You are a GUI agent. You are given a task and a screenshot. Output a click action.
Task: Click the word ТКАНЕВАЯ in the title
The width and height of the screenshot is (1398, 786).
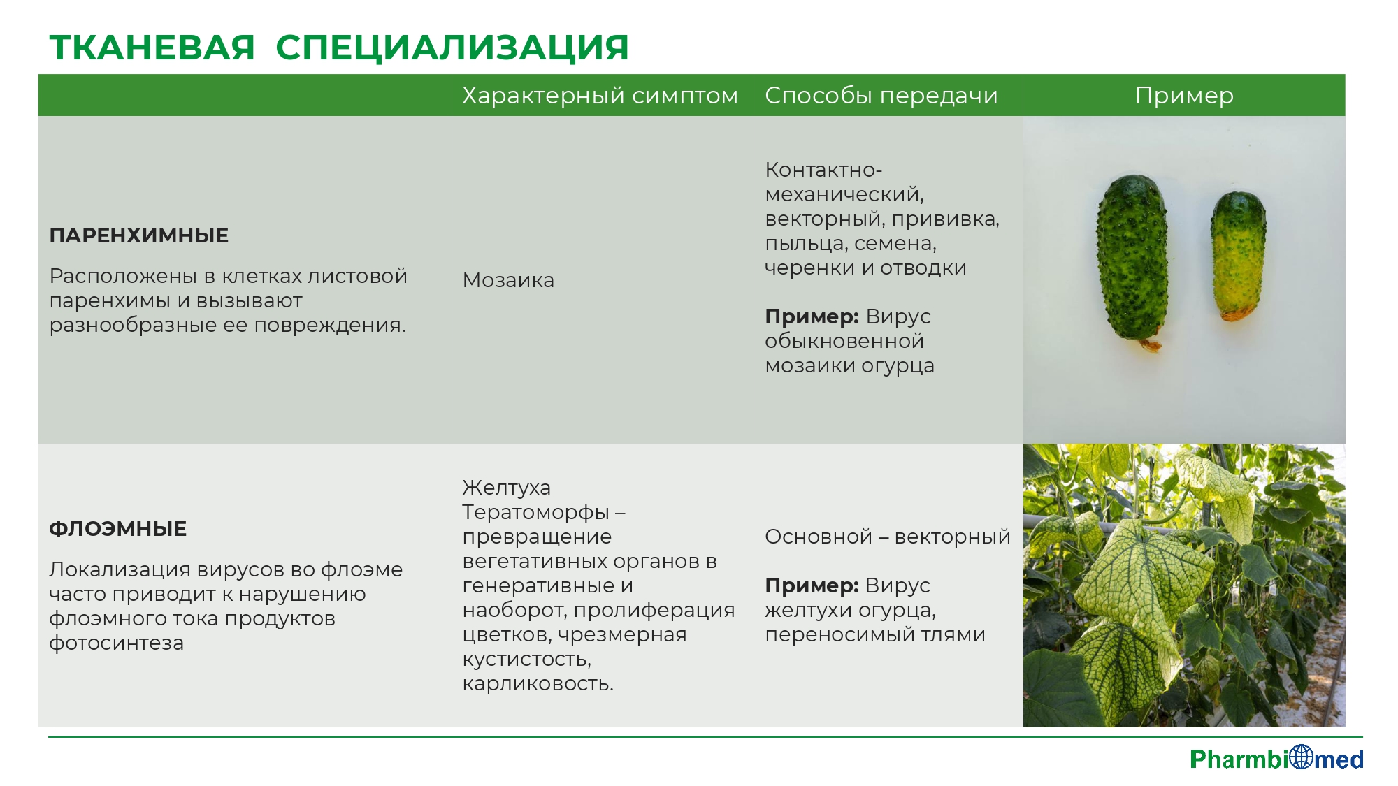click(x=152, y=48)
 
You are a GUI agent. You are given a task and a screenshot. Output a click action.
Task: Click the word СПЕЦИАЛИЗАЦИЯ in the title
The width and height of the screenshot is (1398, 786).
click(x=452, y=48)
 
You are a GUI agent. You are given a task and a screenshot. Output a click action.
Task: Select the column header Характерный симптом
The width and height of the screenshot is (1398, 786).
click(x=600, y=96)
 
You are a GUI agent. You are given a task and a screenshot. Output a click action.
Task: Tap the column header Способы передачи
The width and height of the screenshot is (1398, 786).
click(x=881, y=96)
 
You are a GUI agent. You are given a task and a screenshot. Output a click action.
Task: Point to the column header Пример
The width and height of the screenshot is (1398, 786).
click(x=1184, y=96)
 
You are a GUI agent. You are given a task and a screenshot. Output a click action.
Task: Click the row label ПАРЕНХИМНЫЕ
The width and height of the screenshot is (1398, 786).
click(x=139, y=235)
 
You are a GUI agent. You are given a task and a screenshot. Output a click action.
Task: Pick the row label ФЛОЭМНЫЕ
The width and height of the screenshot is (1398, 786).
click(x=118, y=529)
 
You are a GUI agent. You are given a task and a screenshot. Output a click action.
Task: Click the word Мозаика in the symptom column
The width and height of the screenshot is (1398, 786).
click(x=508, y=280)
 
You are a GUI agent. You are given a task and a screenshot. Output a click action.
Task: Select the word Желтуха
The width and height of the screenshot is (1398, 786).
click(x=507, y=488)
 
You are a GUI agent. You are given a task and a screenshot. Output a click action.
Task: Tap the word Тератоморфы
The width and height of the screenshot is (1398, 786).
click(x=536, y=512)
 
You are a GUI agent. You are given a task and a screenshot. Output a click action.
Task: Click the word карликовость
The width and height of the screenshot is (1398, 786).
click(x=538, y=683)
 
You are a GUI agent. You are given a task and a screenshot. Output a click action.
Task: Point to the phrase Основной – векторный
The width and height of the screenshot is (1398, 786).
click(x=888, y=537)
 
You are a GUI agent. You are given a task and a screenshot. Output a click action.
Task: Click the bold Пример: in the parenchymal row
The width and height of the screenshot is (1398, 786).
click(x=812, y=316)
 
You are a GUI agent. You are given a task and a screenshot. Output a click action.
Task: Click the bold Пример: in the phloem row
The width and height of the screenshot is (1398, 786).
click(x=812, y=585)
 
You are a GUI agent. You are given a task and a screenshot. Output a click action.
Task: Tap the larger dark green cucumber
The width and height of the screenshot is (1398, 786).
click(x=1132, y=261)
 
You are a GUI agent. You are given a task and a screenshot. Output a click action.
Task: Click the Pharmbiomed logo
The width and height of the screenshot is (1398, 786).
click(x=1276, y=758)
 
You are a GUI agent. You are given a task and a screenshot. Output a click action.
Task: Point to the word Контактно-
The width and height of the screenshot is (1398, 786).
click(x=823, y=170)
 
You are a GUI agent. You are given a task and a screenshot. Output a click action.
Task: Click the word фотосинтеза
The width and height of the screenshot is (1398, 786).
click(x=116, y=643)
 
